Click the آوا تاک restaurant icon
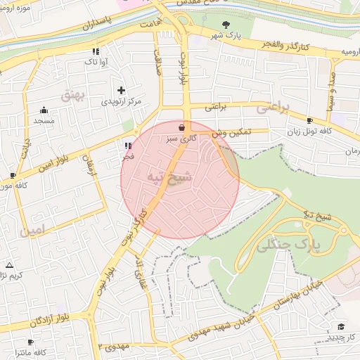(95, 51)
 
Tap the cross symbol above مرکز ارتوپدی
(122, 90)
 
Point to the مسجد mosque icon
(44, 110)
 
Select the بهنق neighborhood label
(91, 96)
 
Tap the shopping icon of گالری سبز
(183, 128)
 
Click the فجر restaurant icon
(127, 146)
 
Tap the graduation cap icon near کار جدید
(341, 327)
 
